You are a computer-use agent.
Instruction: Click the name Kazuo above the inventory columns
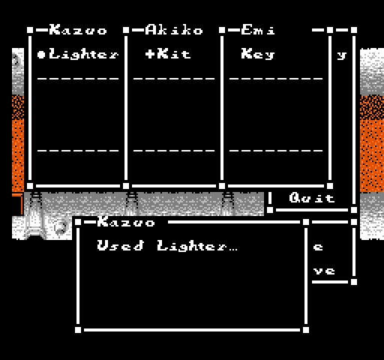[78, 30]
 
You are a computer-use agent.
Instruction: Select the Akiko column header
[174, 30]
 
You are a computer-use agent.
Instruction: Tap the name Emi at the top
[258, 30]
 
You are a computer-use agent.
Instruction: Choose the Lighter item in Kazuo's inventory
[84, 54]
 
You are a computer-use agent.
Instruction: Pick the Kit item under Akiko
[174, 54]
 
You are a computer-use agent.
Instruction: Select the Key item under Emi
[258, 54]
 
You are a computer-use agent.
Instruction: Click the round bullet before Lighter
[41, 54]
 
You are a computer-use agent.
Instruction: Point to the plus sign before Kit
[150, 54]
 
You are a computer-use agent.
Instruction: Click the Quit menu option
[312, 198]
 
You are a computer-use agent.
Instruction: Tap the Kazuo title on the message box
[126, 222]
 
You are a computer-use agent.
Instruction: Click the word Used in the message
[121, 245]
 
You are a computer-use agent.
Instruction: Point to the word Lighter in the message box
[192, 246]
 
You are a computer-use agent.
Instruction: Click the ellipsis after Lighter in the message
[232, 250]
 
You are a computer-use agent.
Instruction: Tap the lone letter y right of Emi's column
[342, 55]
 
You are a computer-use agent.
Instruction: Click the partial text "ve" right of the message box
[324, 271]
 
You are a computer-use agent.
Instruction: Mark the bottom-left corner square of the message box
[78, 330]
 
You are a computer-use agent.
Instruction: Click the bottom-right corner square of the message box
[306, 330]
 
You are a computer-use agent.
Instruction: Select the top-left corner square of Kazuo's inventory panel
[30, 30]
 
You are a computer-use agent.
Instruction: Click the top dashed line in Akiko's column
[174, 79]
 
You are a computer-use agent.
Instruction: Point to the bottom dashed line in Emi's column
[276, 151]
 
